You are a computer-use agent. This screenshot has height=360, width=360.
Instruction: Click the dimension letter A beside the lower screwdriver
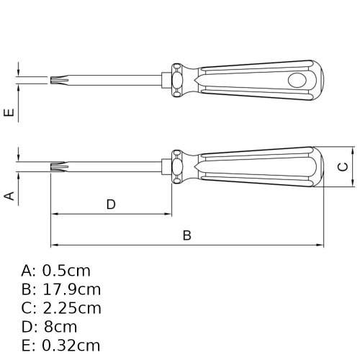click(x=10, y=196)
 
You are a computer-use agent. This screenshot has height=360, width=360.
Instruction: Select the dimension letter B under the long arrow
click(x=186, y=235)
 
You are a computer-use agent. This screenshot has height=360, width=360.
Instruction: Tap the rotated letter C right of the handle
click(x=343, y=166)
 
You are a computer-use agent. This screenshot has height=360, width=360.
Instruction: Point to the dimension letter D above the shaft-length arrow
click(x=111, y=204)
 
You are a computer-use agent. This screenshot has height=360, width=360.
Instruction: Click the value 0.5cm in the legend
click(x=67, y=271)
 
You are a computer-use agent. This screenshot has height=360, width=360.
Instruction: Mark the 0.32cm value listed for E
click(x=71, y=346)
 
